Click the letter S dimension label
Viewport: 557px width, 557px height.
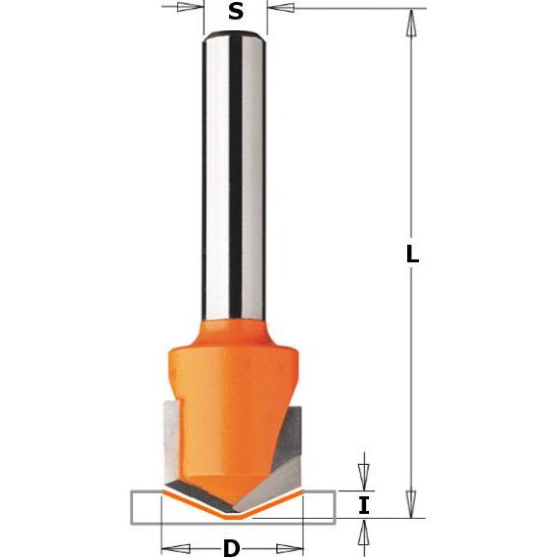pyautogui.click(x=235, y=12)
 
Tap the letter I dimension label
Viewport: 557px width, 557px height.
pyautogui.click(x=364, y=505)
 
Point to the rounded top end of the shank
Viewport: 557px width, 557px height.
pyautogui.click(x=235, y=36)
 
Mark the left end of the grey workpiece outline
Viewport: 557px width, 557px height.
pyautogui.click(x=133, y=505)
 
